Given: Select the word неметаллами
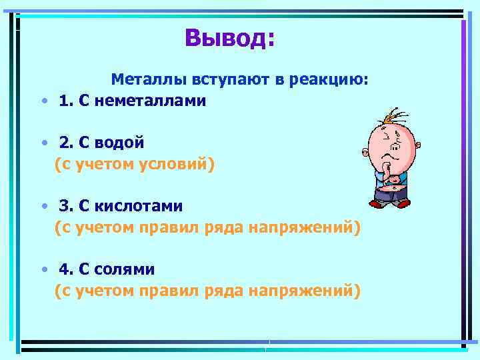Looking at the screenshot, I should [x=150, y=101].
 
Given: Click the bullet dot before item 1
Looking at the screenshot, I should [x=43, y=102].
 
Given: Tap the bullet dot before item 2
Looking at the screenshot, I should [x=43, y=143].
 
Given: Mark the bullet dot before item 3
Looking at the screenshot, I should [x=43, y=207].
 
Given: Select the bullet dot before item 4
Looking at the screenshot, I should [x=43, y=270].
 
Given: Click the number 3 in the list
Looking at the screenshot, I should [x=64, y=207].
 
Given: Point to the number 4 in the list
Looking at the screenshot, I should [x=64, y=269].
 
